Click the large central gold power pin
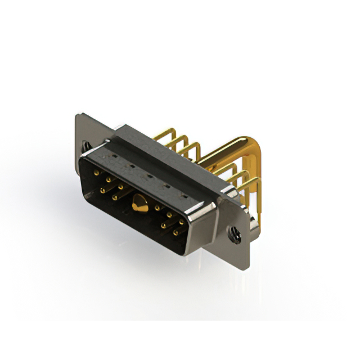137,203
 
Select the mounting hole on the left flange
85,146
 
